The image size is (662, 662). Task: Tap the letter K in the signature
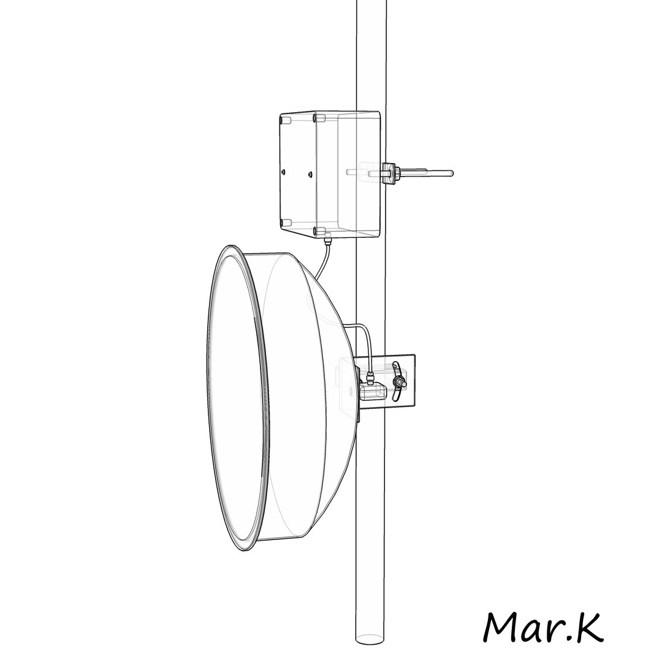(x=588, y=625)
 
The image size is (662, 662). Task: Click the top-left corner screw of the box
(x=283, y=121)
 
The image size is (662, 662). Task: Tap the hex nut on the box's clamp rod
(x=389, y=172)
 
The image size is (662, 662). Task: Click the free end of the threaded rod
(x=451, y=173)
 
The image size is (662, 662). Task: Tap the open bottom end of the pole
(x=371, y=637)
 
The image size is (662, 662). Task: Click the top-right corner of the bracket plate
(x=414, y=355)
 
